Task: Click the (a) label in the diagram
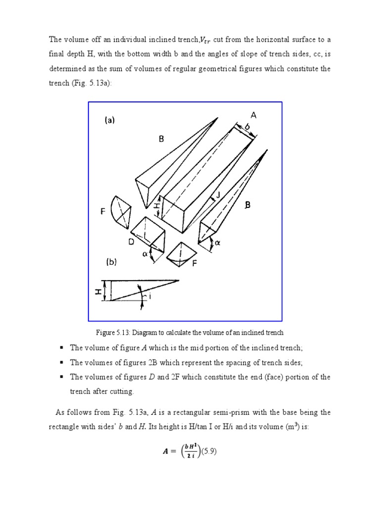(x=109, y=120)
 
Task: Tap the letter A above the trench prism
(x=253, y=115)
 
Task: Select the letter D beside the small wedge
(x=131, y=242)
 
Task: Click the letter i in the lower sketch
(x=150, y=297)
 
